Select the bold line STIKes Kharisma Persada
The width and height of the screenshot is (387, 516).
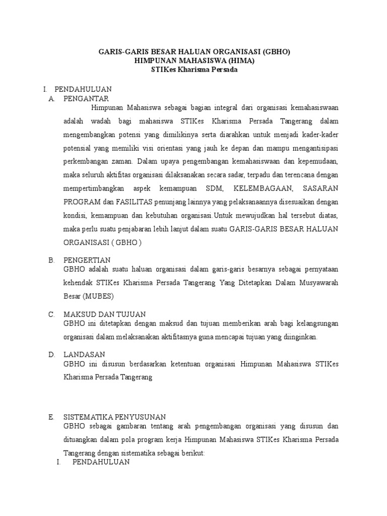pos(194,70)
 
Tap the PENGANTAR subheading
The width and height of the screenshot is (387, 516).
pos(86,98)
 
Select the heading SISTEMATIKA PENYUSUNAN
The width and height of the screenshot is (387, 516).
pos(114,417)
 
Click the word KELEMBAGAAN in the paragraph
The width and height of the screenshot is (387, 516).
pos(258,188)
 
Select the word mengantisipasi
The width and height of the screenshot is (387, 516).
pos(313,148)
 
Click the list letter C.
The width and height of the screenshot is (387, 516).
pos(51,314)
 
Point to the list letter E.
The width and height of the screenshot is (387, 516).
pos(51,417)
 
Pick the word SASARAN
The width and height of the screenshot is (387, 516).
pos(320,188)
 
